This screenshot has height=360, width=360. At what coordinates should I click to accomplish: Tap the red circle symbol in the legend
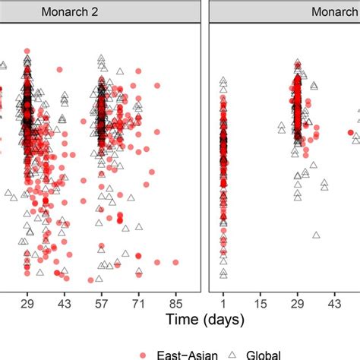tap(144, 353)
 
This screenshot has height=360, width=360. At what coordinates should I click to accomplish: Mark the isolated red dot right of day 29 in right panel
tap(352, 134)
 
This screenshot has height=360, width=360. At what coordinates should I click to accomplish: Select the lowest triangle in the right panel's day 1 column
tap(223, 272)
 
